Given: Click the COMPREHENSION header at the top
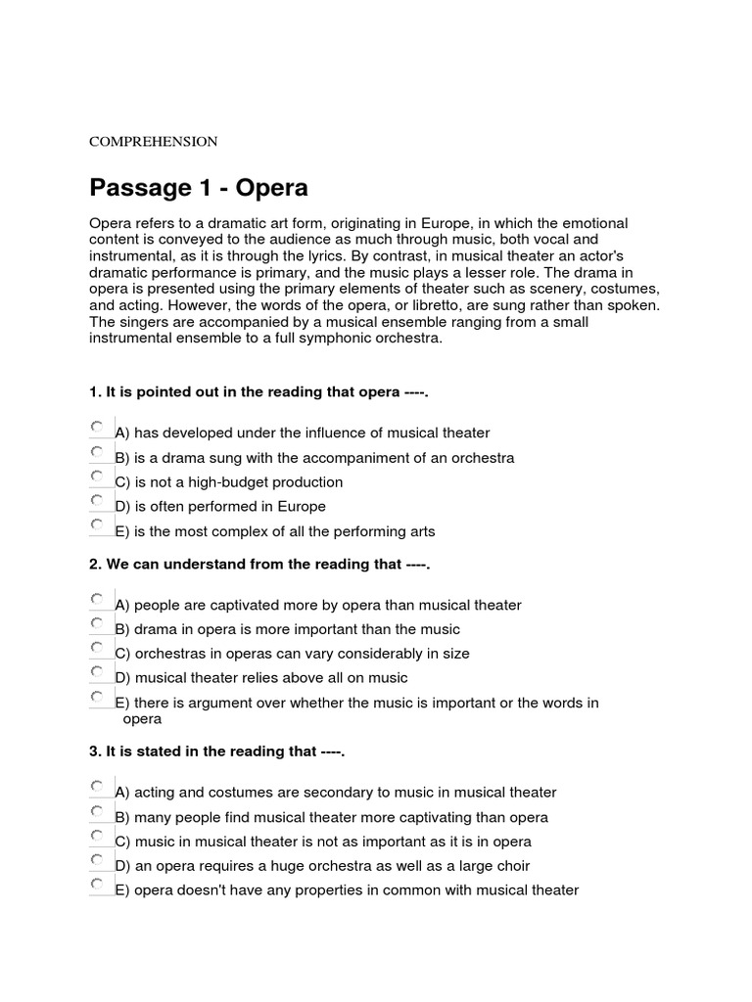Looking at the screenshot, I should (x=154, y=141).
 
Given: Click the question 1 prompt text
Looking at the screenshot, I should (x=259, y=392).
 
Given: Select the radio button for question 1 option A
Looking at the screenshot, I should (x=96, y=428).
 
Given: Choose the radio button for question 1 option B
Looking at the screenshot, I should (x=96, y=452).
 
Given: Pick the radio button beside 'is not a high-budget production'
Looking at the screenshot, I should (x=96, y=477).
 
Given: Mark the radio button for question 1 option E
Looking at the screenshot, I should (x=96, y=525).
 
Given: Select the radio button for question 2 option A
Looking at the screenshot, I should (x=96, y=599).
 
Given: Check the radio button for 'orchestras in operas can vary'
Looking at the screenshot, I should (x=96, y=648).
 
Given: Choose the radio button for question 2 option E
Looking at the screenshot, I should (x=96, y=697).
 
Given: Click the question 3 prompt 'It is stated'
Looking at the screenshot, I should (x=217, y=751).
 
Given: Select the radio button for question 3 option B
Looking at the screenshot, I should (x=96, y=811).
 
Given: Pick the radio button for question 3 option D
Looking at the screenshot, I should (x=96, y=860).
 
